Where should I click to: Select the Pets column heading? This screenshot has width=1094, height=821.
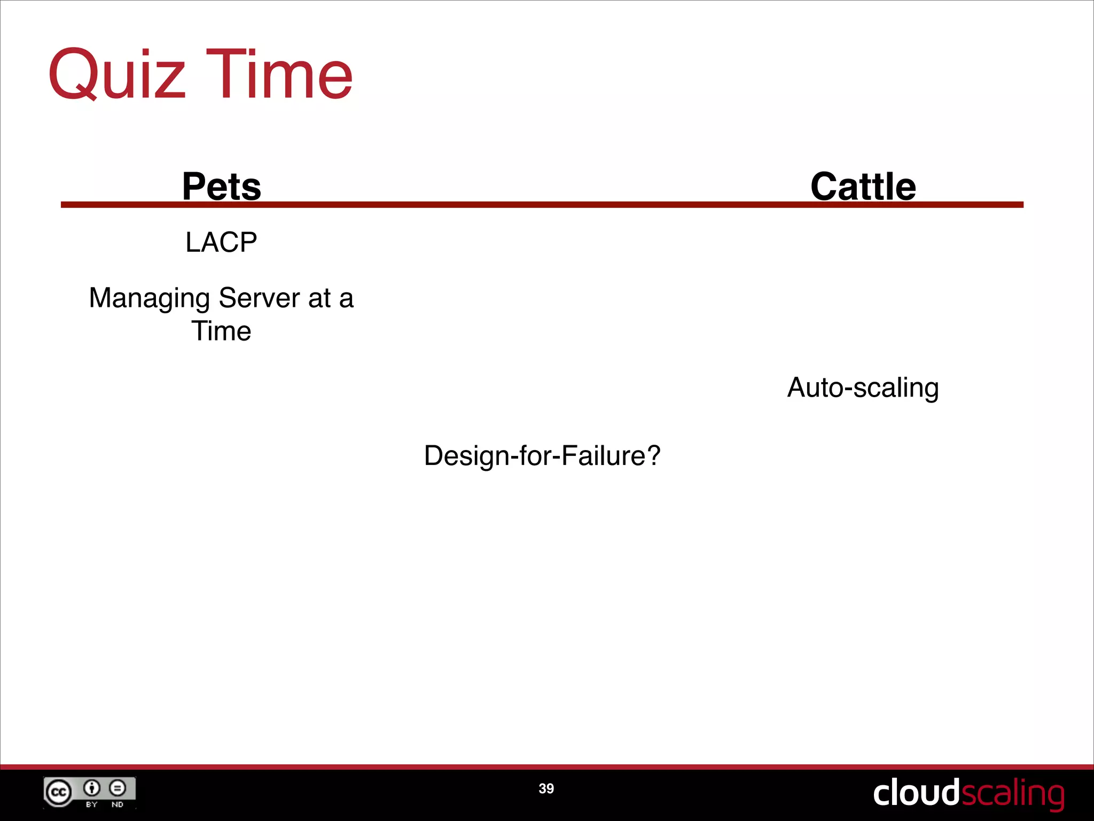coord(222,187)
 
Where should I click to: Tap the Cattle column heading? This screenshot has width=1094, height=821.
coord(863,187)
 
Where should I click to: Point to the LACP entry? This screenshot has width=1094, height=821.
coord(221,242)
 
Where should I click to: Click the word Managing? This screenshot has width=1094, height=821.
coord(149,298)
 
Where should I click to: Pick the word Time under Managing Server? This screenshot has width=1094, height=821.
coord(221,331)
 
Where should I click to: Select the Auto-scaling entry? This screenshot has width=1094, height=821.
coord(863,388)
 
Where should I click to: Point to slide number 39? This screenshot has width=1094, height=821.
coord(546,788)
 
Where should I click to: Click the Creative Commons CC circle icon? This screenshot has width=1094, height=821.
coord(58,792)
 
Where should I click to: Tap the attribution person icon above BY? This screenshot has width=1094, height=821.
coord(92,788)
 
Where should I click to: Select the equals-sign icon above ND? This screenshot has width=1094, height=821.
coord(118,788)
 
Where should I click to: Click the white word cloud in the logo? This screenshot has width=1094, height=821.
coord(916,793)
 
